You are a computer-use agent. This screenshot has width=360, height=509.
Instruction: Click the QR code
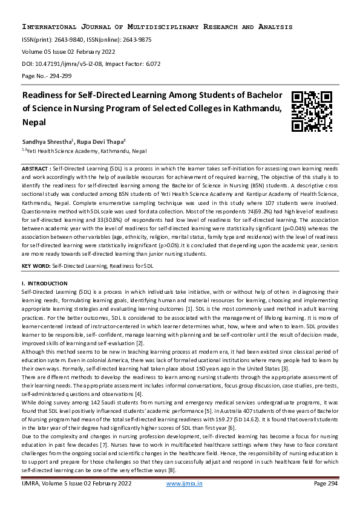[312, 112]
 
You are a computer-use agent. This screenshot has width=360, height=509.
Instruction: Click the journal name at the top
[157, 27]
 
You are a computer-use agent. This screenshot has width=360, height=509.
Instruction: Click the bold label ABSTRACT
[35, 167]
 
